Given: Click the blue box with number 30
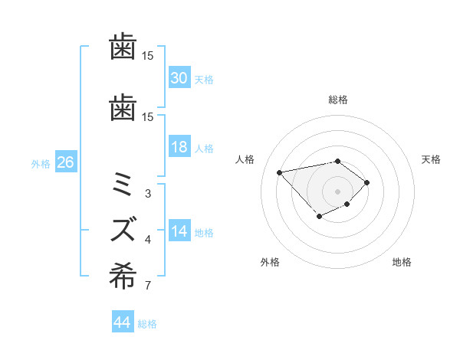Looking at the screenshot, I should tap(179, 78).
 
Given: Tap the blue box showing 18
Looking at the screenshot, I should tap(179, 148).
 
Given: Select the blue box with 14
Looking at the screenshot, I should tap(179, 232).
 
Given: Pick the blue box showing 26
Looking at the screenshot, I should tap(65, 162).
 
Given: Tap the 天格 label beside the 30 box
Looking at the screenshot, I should tap(203, 79).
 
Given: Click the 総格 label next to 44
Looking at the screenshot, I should tap(147, 324).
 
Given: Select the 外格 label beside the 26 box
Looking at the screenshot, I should tap(40, 163).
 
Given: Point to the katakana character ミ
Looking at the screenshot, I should tap(123, 186).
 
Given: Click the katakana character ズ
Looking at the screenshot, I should tap(123, 228).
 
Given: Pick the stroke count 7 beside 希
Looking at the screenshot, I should tap(147, 287).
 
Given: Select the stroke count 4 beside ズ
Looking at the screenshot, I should tap(147, 240).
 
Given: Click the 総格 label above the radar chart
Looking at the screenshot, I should tap(337, 100).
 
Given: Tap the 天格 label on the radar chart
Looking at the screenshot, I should tap(431, 159).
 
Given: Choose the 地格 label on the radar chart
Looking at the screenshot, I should tap(402, 262).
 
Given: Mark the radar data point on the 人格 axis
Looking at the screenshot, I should tap(279, 172).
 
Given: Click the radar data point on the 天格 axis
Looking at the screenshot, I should tap(367, 182).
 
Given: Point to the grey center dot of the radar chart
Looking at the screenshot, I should tap(337, 191).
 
